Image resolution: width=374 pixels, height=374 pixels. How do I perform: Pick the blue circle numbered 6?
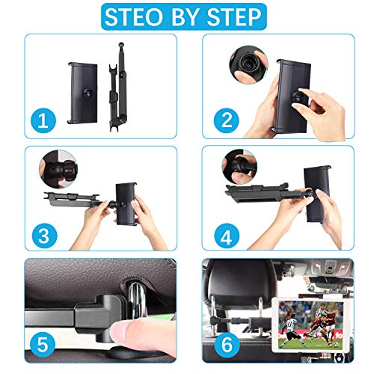coord(222,345)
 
